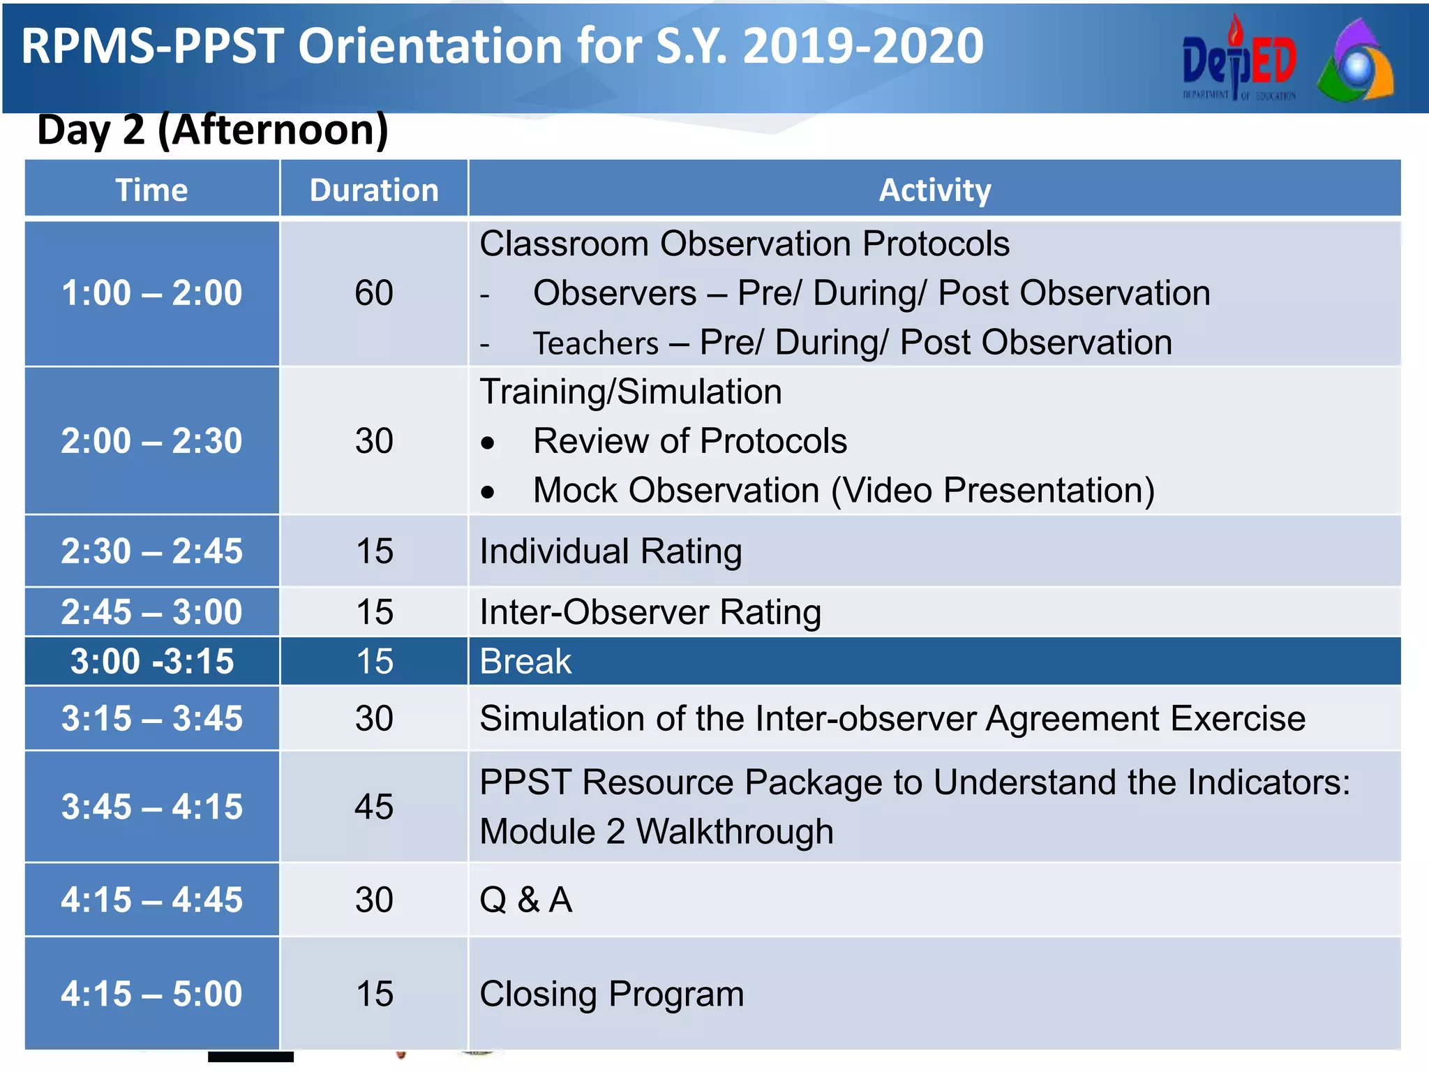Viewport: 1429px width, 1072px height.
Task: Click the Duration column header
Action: pos(374,190)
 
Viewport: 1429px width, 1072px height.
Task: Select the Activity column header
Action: pos(934,190)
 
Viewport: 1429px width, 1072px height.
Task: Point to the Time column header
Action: pos(152,190)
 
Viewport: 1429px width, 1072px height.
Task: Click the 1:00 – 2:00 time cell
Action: pos(152,293)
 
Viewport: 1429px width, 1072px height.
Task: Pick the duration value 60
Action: pos(374,293)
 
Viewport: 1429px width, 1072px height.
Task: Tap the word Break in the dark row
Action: pos(525,662)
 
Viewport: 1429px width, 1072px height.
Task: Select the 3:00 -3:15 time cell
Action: pos(152,662)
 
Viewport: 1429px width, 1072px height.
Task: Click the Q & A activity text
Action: pos(526,900)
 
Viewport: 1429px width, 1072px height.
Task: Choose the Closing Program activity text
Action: pos(612,994)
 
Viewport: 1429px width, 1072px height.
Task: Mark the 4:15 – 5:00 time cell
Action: pos(152,994)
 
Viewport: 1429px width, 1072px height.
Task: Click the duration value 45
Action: pos(374,807)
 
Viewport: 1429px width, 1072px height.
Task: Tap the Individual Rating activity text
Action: pos(611,551)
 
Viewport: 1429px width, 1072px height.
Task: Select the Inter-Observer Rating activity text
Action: pos(650,612)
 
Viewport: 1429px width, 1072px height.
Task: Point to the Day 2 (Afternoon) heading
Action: pos(213,130)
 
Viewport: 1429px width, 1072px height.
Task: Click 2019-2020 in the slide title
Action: pos(863,46)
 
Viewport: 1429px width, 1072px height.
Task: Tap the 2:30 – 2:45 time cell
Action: pos(152,551)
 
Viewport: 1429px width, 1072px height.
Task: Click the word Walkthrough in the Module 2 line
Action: pos(735,832)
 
